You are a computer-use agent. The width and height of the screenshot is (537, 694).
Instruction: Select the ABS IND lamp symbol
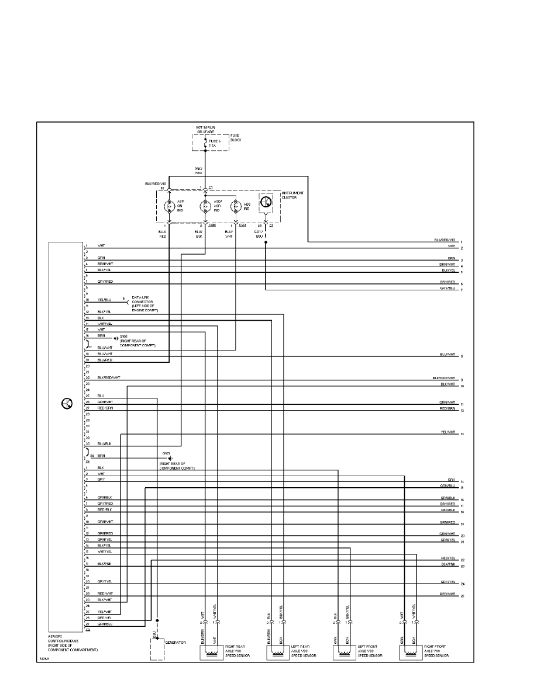coord(236,206)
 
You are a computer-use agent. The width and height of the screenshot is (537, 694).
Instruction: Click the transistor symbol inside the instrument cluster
coord(266,202)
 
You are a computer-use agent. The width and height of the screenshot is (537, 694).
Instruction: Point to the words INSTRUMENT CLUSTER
coord(292,195)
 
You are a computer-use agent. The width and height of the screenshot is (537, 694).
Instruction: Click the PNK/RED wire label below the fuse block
coord(199,171)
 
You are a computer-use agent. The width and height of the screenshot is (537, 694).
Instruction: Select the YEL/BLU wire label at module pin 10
coord(104,300)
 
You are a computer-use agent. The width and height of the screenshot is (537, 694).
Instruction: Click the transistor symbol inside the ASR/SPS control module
coord(67,404)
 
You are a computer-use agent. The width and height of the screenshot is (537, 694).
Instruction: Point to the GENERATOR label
coord(175,642)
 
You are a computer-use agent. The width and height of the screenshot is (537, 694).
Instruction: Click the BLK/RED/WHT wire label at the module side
coord(109,378)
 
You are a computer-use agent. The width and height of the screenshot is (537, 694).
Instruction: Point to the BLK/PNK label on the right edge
coord(448,565)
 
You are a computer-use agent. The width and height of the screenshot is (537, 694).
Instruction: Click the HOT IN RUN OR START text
coord(205,129)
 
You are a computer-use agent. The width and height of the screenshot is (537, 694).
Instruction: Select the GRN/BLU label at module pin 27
coord(105,623)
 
